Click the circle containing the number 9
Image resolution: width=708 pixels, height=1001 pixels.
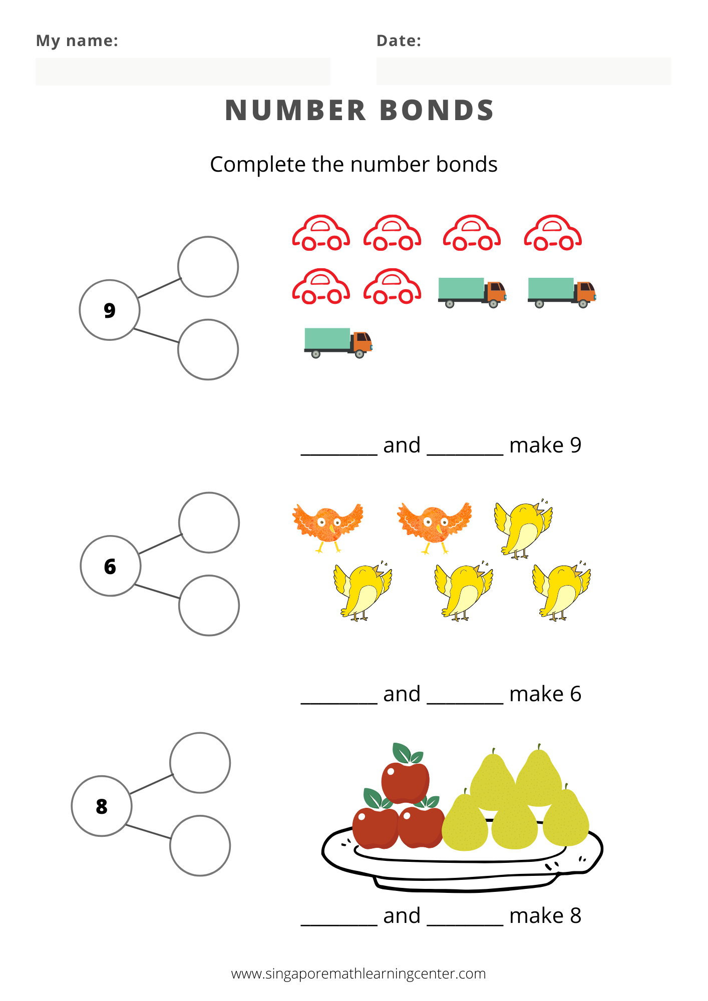coord(110,310)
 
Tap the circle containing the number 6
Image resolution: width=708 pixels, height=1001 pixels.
coord(110,566)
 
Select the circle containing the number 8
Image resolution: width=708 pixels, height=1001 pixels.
coord(102,806)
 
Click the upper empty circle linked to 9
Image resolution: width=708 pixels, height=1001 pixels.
coord(208,267)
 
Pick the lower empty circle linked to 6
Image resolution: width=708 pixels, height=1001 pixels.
coord(209,605)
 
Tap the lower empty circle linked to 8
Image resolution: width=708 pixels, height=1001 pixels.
coord(200,845)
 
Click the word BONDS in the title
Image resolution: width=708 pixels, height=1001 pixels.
coord(437,111)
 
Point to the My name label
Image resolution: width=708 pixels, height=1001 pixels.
coord(77,41)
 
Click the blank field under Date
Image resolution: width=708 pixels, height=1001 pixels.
coord(523,71)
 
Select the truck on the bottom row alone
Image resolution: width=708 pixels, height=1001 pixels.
coord(338,342)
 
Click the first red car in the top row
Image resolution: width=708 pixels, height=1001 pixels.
coord(321,233)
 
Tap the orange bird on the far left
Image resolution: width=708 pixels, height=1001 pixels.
coord(327,527)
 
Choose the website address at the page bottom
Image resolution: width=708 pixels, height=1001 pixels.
coord(358,973)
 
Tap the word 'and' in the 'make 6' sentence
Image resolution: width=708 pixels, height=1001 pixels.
coord(402,694)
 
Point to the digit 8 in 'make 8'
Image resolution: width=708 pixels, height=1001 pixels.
coord(575,916)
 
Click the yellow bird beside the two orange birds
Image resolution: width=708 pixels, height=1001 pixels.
coord(523,530)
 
